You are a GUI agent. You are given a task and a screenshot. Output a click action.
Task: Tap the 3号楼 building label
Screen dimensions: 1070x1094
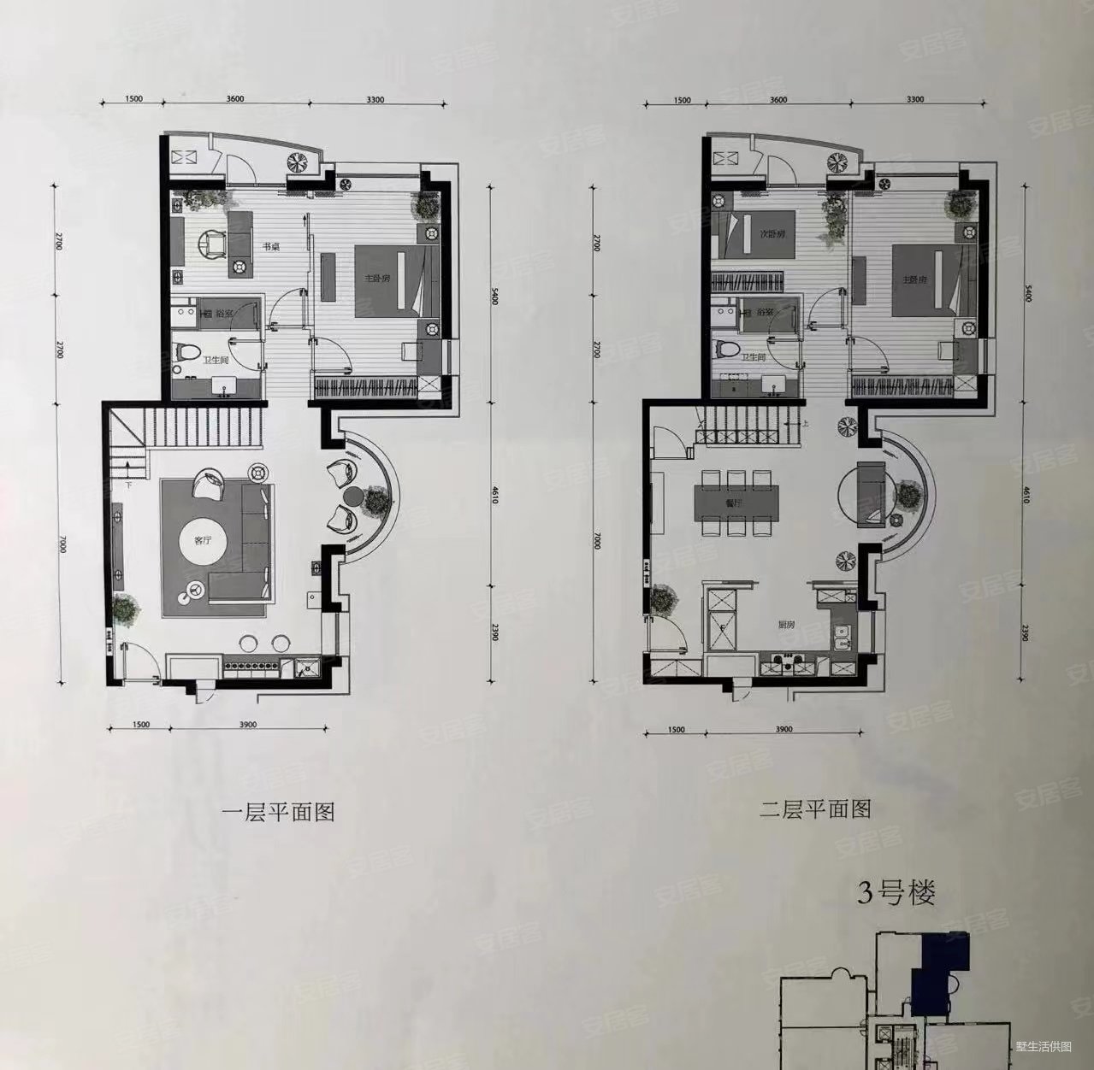(x=896, y=895)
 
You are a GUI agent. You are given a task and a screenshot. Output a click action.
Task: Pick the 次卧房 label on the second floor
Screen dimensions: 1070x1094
(x=760, y=232)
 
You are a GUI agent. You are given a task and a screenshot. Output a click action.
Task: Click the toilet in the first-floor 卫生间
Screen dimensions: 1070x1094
(x=186, y=351)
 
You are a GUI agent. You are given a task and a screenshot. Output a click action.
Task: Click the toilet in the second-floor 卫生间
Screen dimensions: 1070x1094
(x=726, y=350)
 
